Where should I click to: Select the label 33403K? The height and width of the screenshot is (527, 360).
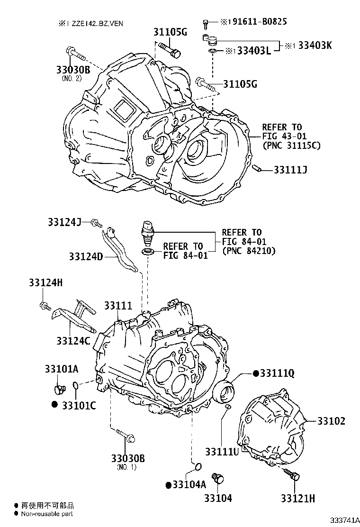(x=315, y=45)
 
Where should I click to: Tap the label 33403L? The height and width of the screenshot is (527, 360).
(x=254, y=51)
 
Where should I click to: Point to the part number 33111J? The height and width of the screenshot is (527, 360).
(x=290, y=170)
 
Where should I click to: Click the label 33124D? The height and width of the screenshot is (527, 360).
(x=86, y=256)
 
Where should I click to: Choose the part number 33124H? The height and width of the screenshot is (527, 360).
(x=45, y=282)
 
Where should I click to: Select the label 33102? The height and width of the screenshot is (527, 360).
(x=331, y=421)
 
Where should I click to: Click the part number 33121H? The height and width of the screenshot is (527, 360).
(x=298, y=499)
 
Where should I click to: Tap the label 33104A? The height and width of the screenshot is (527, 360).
(x=189, y=484)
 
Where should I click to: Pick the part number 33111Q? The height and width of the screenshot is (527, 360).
(x=278, y=373)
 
